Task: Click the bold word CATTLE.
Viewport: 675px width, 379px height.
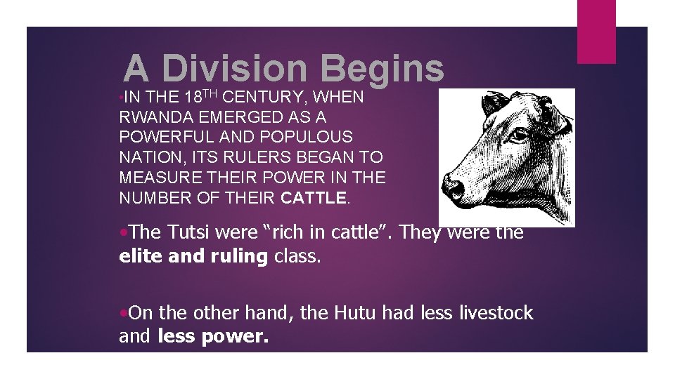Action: [313, 199]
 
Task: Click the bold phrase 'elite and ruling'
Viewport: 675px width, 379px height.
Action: [194, 257]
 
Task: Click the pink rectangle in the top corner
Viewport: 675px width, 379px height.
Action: [596, 32]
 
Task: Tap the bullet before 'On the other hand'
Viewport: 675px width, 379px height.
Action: [124, 313]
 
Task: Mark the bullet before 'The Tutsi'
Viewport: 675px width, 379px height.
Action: [124, 232]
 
